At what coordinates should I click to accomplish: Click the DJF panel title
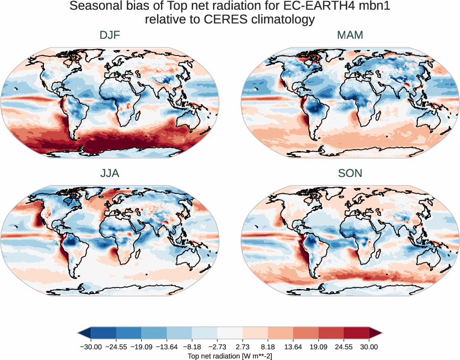tap(110, 35)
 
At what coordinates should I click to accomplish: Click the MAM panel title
tap(350, 35)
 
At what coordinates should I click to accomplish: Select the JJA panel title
tap(110, 173)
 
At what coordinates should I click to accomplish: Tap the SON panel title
tap(350, 173)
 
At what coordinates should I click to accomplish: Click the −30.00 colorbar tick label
tap(91, 347)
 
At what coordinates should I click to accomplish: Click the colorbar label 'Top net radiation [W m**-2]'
tap(230, 355)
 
